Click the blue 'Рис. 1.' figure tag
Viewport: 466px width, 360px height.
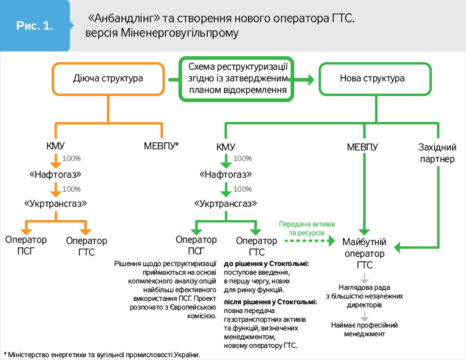tap(35, 26)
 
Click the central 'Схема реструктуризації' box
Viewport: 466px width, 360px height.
tap(237, 78)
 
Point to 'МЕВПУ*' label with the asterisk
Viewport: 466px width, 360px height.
tap(161, 146)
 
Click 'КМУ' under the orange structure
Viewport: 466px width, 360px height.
tap(55, 146)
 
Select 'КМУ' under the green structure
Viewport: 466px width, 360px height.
tap(226, 146)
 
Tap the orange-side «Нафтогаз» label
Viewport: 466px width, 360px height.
tap(55, 174)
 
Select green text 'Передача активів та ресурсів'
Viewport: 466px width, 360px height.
tap(306, 228)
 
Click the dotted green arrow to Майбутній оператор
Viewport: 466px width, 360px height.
tap(308, 239)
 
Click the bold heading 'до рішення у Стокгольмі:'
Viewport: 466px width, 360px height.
tap(266, 263)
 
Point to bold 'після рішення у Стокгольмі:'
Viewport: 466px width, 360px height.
tap(270, 302)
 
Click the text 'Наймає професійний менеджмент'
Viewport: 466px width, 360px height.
tap(364, 329)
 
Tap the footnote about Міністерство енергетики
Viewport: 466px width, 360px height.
tap(104, 354)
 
